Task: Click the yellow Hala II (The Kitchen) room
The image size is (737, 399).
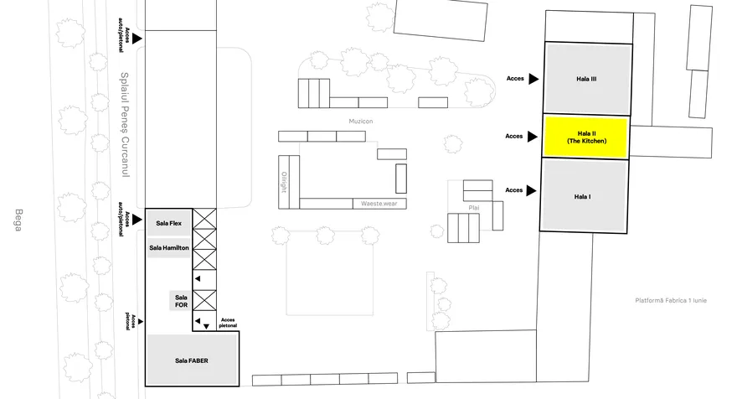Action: tap(586, 137)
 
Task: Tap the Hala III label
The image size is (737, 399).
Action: tap(586, 79)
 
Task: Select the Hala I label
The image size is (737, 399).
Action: tap(582, 197)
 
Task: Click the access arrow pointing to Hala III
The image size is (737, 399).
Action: tap(533, 79)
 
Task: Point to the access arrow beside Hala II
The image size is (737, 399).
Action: tap(532, 137)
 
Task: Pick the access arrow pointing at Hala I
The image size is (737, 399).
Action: tap(531, 190)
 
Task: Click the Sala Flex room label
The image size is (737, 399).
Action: tap(168, 224)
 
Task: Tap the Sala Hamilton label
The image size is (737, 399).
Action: tap(169, 248)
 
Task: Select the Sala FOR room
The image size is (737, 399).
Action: tap(181, 301)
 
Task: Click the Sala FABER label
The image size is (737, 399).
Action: tap(192, 361)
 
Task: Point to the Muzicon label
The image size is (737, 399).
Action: tap(361, 122)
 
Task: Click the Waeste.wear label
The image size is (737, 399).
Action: tap(379, 204)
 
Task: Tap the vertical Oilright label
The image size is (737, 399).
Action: tap(284, 182)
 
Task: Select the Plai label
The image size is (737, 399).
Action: tap(474, 208)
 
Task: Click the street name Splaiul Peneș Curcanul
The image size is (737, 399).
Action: tap(125, 125)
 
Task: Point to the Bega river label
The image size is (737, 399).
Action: tap(18, 220)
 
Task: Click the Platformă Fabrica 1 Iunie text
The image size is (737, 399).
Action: tap(671, 301)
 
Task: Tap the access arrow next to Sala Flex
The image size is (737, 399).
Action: tap(137, 220)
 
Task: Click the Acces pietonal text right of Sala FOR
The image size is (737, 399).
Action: tap(228, 323)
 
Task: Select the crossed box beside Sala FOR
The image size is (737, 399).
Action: tap(204, 301)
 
